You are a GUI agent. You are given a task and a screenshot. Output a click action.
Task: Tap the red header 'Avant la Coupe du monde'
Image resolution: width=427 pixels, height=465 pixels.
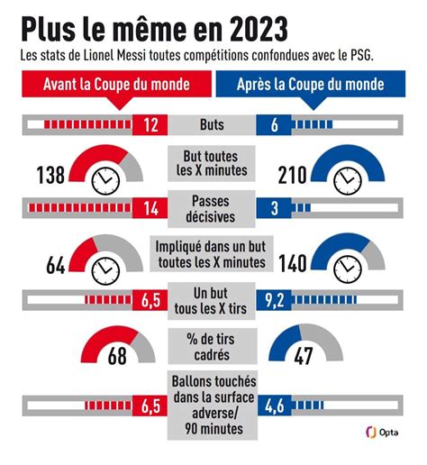(x=116, y=84)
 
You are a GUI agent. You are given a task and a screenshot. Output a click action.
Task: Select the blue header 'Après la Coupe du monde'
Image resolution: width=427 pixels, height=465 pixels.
(x=311, y=84)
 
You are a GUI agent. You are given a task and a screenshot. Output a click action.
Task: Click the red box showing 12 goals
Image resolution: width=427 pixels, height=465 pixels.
(x=150, y=124)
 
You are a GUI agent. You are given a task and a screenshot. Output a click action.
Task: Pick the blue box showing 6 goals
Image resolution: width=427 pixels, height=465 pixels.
(x=274, y=124)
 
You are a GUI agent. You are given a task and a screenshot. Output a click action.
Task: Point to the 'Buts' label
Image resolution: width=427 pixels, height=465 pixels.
(x=212, y=124)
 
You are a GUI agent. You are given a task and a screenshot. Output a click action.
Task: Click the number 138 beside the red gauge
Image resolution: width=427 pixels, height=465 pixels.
(x=50, y=175)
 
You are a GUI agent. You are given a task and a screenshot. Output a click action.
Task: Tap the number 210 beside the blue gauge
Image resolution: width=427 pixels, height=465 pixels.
(x=292, y=175)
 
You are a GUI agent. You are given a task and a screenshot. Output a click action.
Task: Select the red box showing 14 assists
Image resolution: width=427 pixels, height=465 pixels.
(x=150, y=208)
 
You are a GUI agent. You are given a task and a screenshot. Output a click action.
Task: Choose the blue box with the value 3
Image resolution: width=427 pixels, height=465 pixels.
(x=274, y=208)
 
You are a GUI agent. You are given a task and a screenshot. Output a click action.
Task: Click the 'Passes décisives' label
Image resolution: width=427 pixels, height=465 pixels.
(x=211, y=209)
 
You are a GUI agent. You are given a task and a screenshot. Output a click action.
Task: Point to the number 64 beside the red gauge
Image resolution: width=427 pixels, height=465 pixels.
(x=56, y=265)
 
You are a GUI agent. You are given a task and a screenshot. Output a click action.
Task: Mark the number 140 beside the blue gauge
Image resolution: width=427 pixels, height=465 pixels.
(x=293, y=264)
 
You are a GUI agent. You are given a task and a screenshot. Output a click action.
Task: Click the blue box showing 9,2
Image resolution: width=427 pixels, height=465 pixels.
(x=274, y=300)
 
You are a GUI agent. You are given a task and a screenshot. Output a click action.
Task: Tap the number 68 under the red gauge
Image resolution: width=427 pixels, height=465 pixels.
(x=117, y=356)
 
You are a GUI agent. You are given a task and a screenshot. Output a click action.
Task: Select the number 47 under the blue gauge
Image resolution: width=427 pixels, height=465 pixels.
(x=304, y=356)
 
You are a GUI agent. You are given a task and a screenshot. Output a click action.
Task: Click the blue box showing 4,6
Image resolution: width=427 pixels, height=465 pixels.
(x=274, y=406)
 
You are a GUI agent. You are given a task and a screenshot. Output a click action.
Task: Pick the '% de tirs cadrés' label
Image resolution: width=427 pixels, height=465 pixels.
(x=212, y=347)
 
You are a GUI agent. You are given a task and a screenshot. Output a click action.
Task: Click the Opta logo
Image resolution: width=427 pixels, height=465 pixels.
(x=382, y=433)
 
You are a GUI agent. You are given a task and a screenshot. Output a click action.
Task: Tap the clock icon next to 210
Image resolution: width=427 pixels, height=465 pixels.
(x=348, y=181)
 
